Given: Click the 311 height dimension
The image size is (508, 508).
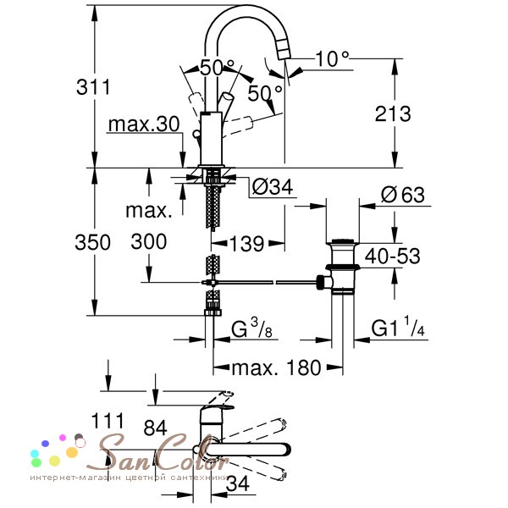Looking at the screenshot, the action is coord(93,87).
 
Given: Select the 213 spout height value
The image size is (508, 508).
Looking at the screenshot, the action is coord(393,113).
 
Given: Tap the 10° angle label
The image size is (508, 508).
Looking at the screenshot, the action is coord(332,59).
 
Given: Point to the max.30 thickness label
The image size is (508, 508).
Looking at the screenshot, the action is coord(144,124).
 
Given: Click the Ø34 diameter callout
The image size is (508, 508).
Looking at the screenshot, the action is coord(272,186).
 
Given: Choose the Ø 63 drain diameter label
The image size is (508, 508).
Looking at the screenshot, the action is coord(403,195).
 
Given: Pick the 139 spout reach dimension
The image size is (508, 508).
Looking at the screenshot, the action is coord(247,244).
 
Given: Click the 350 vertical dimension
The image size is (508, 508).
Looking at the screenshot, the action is coord(92,242).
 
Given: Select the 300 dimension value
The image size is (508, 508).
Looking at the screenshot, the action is coord(149,241).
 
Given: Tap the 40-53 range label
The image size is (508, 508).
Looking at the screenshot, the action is coord(392,256).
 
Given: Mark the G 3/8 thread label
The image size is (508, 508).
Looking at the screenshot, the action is coord(251,328).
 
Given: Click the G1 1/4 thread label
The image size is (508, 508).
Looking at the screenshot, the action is coord(398,327).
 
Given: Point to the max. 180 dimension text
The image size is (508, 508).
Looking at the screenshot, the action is coord(276,367).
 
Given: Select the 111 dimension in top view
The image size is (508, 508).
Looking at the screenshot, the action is coord(108,421).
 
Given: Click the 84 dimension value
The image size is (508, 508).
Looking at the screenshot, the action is coord(155,428).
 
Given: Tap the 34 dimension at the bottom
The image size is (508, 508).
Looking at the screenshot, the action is coord(238,483).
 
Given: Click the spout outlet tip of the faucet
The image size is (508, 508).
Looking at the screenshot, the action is coord(284,54).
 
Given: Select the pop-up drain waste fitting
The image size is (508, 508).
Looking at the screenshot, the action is coord(340,267).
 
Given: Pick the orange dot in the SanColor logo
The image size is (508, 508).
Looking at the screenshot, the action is coord(72,452).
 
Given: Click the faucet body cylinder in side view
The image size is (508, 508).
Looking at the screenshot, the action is coord(211,139).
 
